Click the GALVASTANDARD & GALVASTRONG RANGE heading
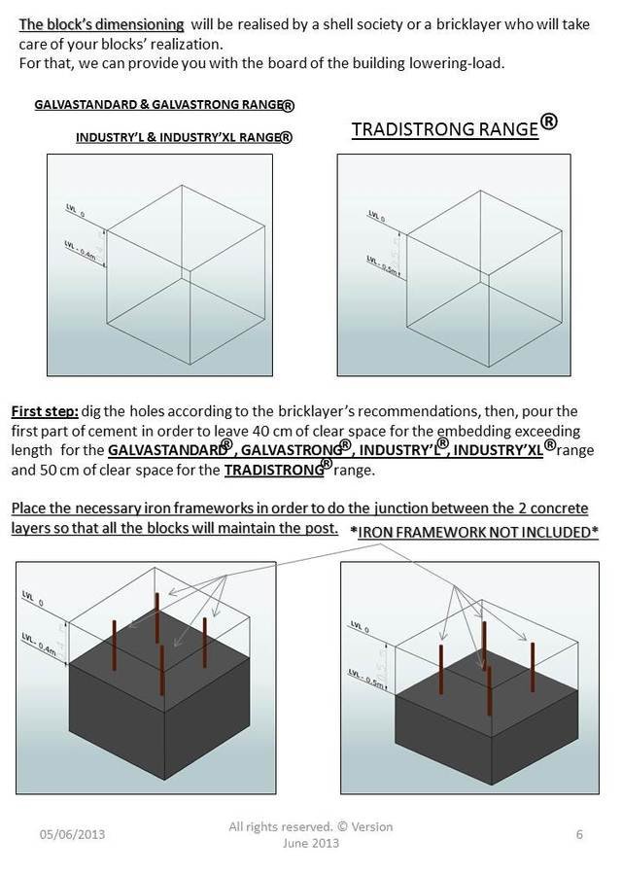click(164, 103)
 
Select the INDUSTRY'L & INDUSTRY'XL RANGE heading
click(184, 137)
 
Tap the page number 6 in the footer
click(579, 833)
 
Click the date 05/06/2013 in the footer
click(72, 834)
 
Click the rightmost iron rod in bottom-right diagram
click(533, 667)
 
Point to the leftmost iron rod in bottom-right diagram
click(442, 671)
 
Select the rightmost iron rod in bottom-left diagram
click(205, 642)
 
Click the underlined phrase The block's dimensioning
click(102, 23)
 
